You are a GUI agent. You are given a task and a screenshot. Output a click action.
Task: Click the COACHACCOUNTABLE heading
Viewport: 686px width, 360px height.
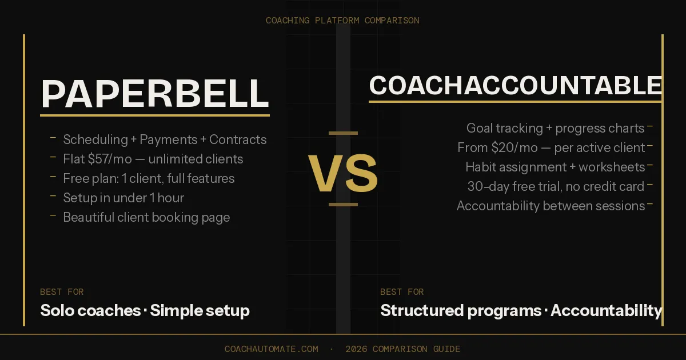click(x=515, y=86)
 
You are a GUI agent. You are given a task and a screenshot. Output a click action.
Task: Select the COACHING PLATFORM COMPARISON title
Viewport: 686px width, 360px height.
click(x=342, y=21)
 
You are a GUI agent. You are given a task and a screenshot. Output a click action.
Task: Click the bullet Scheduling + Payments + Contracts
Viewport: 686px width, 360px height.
click(x=165, y=139)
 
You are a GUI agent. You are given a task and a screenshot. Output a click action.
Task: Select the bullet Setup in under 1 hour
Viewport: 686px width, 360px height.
click(x=123, y=198)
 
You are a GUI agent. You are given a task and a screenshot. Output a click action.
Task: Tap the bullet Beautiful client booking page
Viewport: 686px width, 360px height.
click(x=146, y=217)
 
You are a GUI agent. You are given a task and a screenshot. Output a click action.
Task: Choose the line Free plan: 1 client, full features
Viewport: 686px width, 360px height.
click(x=149, y=178)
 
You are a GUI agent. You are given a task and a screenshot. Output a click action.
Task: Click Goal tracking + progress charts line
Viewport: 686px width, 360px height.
click(x=555, y=128)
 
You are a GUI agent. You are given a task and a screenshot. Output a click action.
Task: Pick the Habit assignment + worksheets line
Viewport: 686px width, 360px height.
click(x=555, y=167)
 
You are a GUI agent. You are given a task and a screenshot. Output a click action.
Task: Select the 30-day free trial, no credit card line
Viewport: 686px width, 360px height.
click(x=556, y=186)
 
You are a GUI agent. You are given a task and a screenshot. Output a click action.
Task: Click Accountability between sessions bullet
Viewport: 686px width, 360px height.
click(x=551, y=206)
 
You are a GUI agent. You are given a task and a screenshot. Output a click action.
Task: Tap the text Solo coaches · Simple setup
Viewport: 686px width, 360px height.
click(x=145, y=311)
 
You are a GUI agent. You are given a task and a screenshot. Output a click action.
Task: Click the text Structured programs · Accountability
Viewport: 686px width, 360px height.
click(x=521, y=311)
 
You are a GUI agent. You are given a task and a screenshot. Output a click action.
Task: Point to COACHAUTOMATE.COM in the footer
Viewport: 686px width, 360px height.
click(x=272, y=349)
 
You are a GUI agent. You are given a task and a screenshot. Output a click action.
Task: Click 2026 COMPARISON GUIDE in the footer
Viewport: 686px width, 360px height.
click(x=402, y=349)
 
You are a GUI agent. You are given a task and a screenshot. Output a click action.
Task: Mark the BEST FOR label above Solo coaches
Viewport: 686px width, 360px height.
click(x=62, y=292)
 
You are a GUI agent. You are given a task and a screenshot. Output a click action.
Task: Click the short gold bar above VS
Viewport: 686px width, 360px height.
click(x=343, y=133)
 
